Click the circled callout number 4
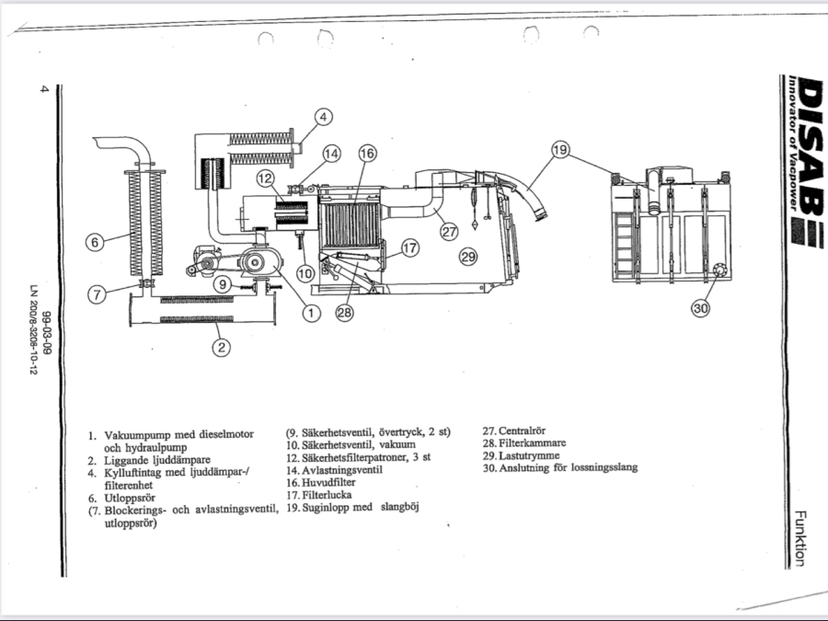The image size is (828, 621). [x=323, y=117]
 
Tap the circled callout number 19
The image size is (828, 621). [x=560, y=150]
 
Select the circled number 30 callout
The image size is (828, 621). [x=701, y=308]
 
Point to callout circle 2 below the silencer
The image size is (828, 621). [x=221, y=347]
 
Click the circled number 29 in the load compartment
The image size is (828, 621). [x=468, y=258]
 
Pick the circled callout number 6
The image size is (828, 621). [x=95, y=242]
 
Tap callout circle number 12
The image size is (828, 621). [x=266, y=178]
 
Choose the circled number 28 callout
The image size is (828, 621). [x=344, y=313]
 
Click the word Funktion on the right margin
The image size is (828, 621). [x=800, y=538]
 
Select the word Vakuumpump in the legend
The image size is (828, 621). [x=138, y=435]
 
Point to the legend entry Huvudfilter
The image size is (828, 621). [x=328, y=482]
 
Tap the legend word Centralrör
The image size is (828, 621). [x=523, y=431]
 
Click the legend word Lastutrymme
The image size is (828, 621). [x=529, y=455]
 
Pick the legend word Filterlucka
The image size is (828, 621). [x=327, y=495]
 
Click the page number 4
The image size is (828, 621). [x=44, y=88]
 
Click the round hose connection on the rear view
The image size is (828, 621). [x=719, y=270]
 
